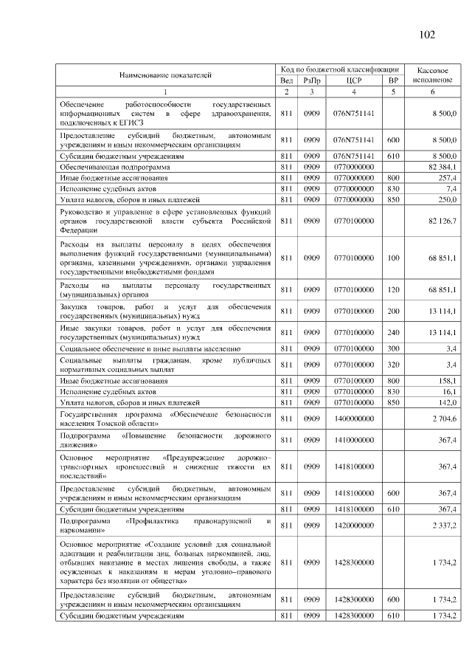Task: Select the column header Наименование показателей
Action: (x=165, y=75)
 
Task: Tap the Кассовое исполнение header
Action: (x=433, y=74)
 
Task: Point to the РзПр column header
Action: (x=312, y=80)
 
